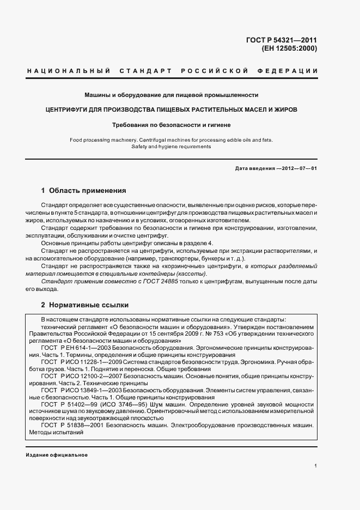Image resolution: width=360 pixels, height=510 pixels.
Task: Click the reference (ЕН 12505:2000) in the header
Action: [x=289, y=48]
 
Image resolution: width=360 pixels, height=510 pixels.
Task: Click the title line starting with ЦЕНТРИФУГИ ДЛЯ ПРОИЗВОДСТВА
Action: [x=171, y=110]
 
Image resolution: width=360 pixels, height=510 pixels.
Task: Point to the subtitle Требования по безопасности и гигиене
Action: [x=171, y=125]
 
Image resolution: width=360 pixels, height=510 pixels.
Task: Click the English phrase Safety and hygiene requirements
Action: [x=171, y=147]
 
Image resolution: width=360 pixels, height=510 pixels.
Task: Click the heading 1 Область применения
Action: [x=83, y=191]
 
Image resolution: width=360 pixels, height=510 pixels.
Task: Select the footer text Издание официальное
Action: [x=57, y=454]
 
